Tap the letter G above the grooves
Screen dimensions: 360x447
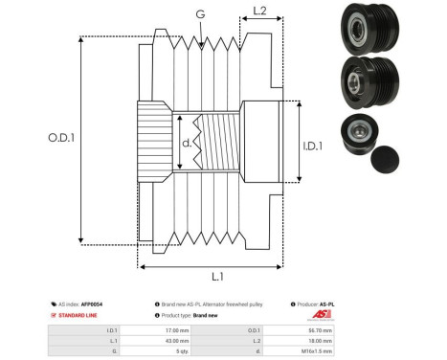click(199, 13)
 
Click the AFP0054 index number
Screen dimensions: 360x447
click(91, 304)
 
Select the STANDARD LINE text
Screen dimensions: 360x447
click(76, 314)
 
